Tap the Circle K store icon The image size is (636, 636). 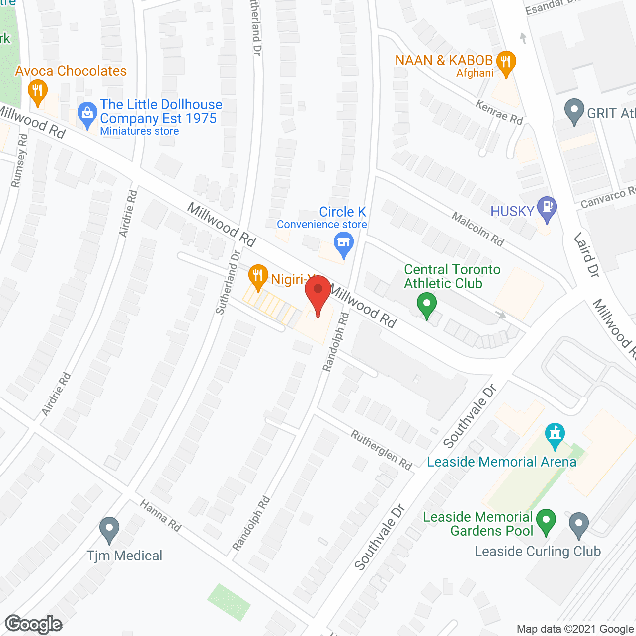coord(344,244)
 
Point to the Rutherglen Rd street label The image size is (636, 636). coord(382,450)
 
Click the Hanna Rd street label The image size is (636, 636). coord(160,515)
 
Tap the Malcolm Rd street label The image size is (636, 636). coord(477,229)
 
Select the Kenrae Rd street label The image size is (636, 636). coord(499,112)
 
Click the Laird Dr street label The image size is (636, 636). coord(587,255)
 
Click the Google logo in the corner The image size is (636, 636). coord(34,624)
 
